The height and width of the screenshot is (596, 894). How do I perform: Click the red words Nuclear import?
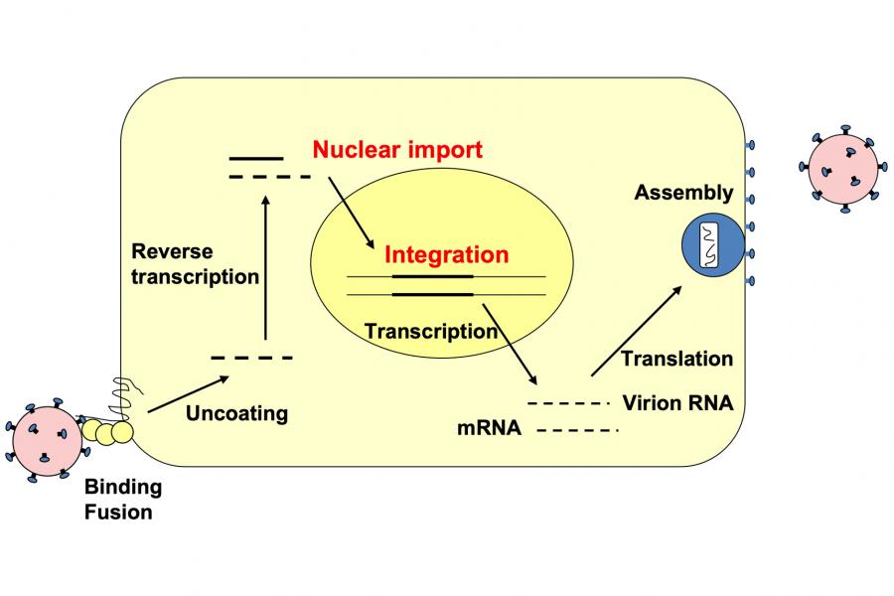pos(397,150)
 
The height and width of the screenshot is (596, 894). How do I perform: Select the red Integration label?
pos(446,254)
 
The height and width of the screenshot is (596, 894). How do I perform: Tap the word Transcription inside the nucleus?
pos(431,332)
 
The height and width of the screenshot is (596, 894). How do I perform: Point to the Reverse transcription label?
pos(195,264)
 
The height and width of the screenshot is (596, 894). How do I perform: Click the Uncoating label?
pos(236,412)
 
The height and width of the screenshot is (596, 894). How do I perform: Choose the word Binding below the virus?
pos(123,488)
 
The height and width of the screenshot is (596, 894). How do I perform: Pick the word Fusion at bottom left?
pos(119,513)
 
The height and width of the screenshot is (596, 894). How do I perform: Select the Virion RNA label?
pos(677,403)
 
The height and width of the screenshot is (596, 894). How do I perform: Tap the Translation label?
pos(676,359)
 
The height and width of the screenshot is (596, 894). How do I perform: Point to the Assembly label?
pos(683,193)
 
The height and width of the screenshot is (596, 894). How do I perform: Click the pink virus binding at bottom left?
pos(46,437)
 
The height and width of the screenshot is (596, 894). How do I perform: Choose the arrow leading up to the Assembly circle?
pos(637,331)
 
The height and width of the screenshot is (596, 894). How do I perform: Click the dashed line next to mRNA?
pos(577,430)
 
